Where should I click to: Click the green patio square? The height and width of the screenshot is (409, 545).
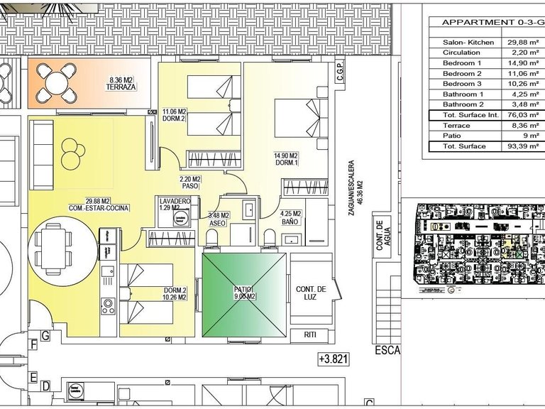(245, 295)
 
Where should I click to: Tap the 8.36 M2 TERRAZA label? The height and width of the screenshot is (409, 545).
(121, 84)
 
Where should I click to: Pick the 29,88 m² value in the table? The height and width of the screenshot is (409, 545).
(520, 43)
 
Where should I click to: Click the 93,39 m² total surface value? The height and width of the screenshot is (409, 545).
(520, 146)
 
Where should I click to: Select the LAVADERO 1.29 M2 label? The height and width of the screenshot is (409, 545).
(175, 204)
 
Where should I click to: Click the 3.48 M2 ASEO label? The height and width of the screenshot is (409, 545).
(218, 219)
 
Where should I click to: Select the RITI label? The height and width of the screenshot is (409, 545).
(309, 334)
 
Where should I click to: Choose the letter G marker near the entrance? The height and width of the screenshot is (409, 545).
(45, 334)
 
